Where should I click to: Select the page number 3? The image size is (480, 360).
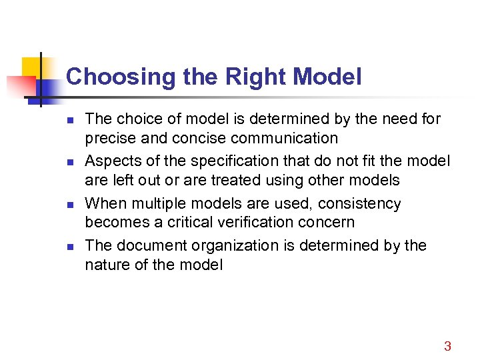[447, 346]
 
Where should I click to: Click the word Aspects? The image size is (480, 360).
[111, 161]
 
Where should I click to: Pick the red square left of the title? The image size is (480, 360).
[20, 86]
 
